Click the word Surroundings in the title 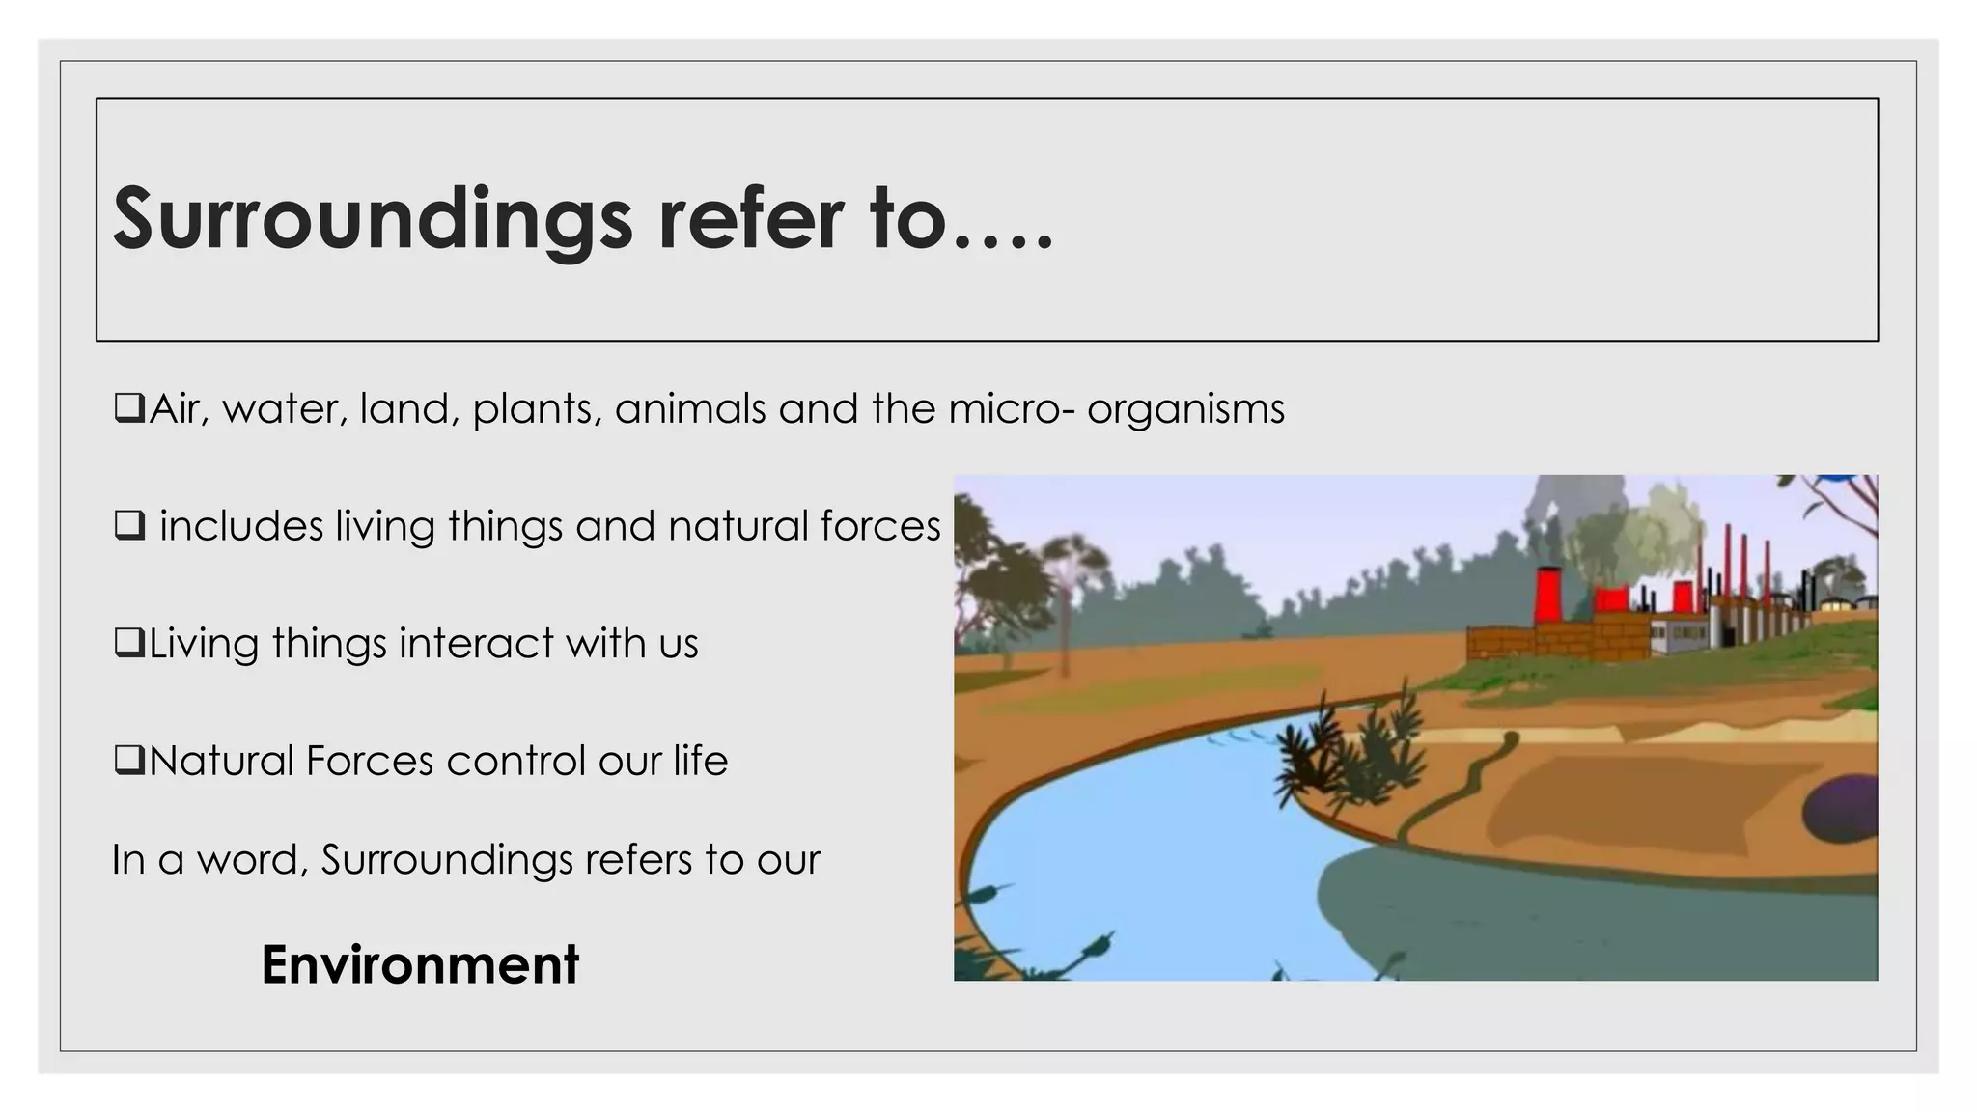[373, 220]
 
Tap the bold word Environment [420, 964]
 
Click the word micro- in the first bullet [1011, 408]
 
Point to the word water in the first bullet [284, 408]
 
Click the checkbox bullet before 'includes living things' [128, 526]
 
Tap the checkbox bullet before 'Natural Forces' [128, 761]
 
